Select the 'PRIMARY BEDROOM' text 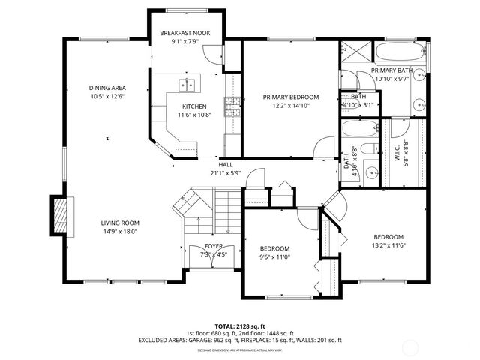290,97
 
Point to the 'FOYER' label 213,246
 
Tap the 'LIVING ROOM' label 121,223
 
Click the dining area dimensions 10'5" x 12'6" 106,96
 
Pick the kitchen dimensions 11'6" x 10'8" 194,115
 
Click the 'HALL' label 226,164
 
